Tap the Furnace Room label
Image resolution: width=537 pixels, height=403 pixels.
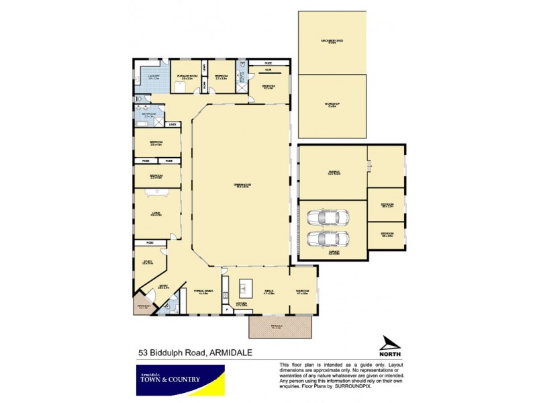click(x=186, y=78)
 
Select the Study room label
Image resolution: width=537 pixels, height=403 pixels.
click(x=148, y=263)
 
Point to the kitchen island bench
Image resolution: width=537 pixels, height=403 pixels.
click(x=244, y=287)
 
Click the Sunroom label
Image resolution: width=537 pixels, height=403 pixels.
click(x=302, y=292)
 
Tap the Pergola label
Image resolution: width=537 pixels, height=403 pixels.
click(x=280, y=327)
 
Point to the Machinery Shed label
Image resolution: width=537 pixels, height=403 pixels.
click(x=332, y=42)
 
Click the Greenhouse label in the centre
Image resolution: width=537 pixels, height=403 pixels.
click(x=242, y=185)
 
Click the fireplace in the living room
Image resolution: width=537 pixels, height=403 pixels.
click(x=159, y=191)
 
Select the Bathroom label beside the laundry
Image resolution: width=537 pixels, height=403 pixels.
click(x=148, y=116)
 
